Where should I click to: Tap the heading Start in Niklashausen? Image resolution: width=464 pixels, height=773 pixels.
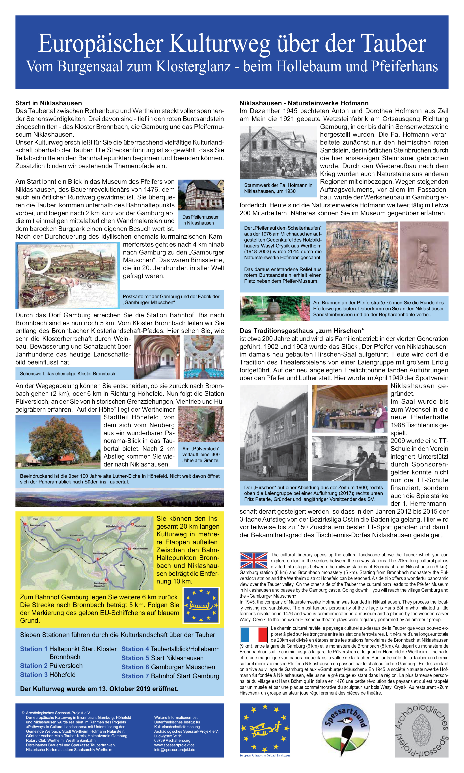(x=48, y=103)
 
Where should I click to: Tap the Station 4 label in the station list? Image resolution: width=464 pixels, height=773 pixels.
(x=135, y=649)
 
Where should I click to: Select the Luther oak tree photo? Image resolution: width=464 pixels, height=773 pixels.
(x=58, y=441)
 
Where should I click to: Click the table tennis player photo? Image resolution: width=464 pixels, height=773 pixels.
(x=350, y=458)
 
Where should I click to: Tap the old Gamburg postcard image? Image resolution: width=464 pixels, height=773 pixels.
(x=67, y=275)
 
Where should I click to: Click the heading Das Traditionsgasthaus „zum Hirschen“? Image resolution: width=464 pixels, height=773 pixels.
(x=302, y=331)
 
